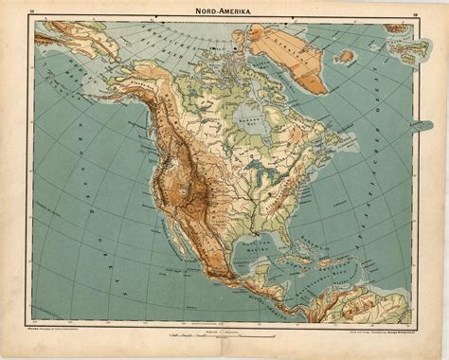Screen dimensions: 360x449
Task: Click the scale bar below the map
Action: coord(223,336)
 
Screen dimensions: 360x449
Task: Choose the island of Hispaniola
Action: coord(323,280)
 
